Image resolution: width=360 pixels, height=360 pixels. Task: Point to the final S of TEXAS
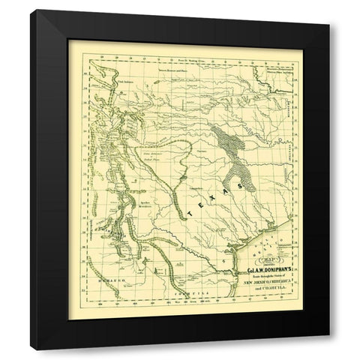point(241,179)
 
